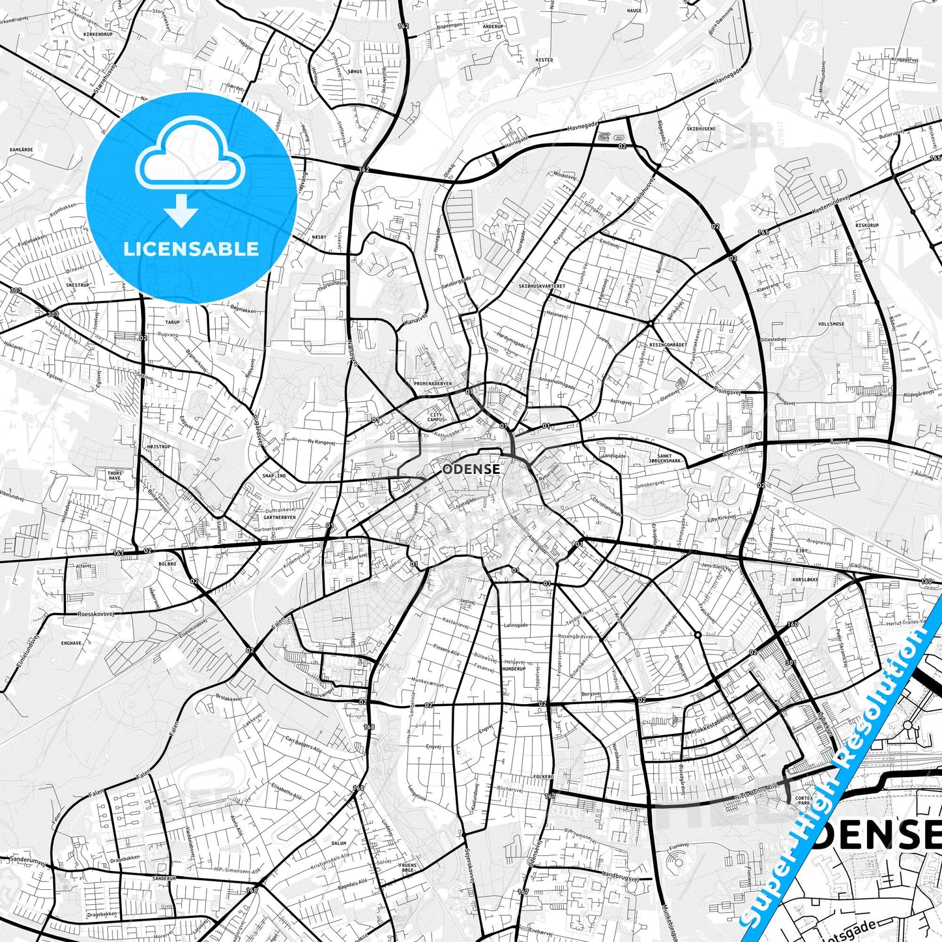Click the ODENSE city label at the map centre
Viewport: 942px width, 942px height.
[471, 469]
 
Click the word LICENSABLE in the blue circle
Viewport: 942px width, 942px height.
[192, 248]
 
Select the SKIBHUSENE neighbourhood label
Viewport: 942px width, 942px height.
[701, 128]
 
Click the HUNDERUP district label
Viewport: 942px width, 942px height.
[514, 668]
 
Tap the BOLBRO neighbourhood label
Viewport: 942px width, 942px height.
[167, 563]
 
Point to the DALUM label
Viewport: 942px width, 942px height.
[338, 843]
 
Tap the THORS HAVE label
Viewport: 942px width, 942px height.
[114, 475]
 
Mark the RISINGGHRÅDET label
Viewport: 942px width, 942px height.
[668, 344]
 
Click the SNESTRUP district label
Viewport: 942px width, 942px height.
[78, 285]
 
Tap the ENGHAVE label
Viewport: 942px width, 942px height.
[71, 642]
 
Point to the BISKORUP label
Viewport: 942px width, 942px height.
[867, 226]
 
